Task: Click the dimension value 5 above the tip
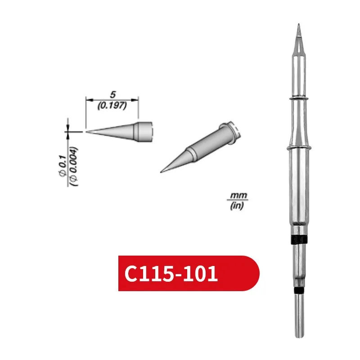pyautogui.click(x=112, y=94)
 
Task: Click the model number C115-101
pyautogui.click(x=171, y=274)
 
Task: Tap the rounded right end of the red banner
pyautogui.click(x=252, y=274)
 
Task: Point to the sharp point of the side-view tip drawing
pyautogui.click(x=86, y=131)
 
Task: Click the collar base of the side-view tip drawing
pyautogui.click(x=145, y=130)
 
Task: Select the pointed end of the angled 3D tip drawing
pyautogui.click(x=162, y=171)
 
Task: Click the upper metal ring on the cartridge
pyautogui.click(x=298, y=98)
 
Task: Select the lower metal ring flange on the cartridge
pyautogui.click(x=298, y=148)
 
